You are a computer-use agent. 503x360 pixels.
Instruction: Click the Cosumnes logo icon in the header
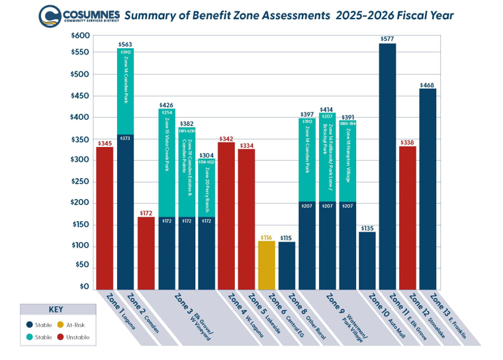[x=49, y=15]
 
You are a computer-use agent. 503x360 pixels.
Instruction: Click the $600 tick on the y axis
[x=79, y=35]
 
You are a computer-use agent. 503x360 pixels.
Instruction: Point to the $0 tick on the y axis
[x=83, y=287]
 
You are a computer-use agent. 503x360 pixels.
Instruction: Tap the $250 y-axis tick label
[x=79, y=181]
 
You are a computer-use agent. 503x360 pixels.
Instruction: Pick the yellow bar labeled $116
[x=266, y=265]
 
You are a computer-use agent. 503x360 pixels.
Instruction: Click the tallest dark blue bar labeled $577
[x=387, y=165]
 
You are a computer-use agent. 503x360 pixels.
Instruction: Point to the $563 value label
[x=125, y=44]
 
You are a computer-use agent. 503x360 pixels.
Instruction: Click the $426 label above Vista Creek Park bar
[x=166, y=105]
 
